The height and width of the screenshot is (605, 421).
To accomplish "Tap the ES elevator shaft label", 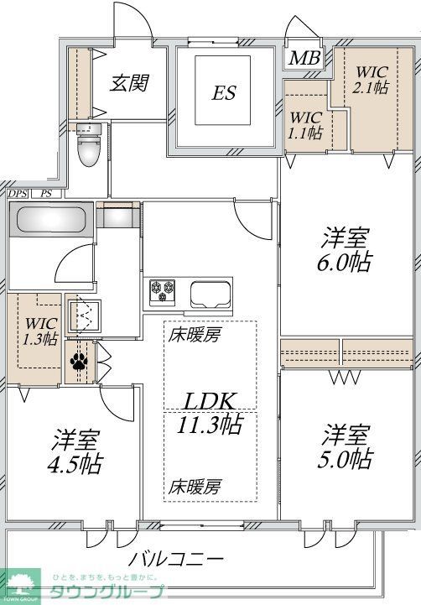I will click(223, 93).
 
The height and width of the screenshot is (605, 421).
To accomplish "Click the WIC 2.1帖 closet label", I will click(369, 80).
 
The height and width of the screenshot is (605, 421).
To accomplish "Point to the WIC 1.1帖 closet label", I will click(305, 124).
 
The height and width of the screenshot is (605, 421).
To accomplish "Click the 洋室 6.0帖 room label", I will click(346, 248).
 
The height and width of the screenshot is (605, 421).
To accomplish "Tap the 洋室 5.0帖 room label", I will click(346, 446).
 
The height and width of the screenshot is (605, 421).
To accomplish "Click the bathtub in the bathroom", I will click(49, 222).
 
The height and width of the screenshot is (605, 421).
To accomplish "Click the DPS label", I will click(18, 194).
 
